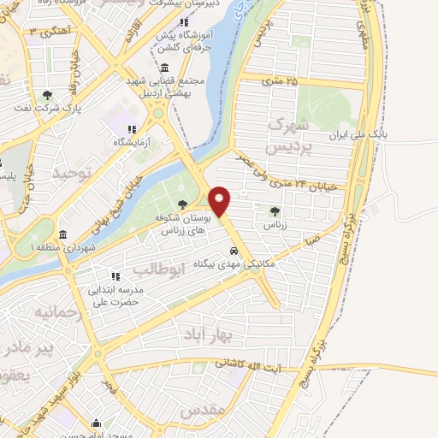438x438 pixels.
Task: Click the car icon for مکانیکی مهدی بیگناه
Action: coord(234,252)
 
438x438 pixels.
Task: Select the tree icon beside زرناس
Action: coord(274,212)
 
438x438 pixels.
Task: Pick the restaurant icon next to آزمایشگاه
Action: coord(131,128)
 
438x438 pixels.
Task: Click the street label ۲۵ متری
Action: coord(281,81)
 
